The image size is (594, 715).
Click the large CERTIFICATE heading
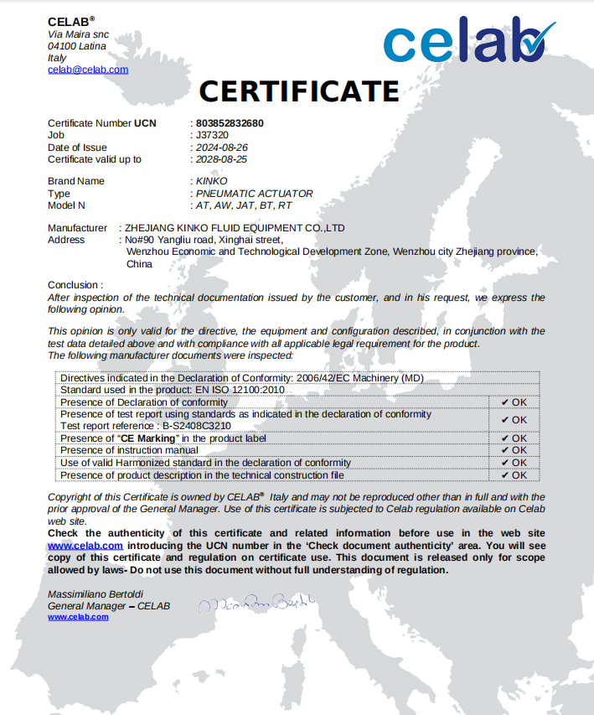pos(298,90)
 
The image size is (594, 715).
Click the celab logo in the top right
pos(469,41)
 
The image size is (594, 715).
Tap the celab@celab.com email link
pos(88,70)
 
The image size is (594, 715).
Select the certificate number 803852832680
pos(230,123)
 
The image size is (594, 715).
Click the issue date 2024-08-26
pos(221,148)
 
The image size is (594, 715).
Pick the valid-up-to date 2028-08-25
pos(221,159)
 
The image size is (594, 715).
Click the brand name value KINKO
pos(211,181)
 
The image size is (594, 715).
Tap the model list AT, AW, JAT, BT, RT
pos(243,205)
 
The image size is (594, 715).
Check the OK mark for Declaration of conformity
pos(514,402)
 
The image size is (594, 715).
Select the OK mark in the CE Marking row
pos(514,438)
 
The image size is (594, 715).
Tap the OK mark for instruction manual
pos(514,450)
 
